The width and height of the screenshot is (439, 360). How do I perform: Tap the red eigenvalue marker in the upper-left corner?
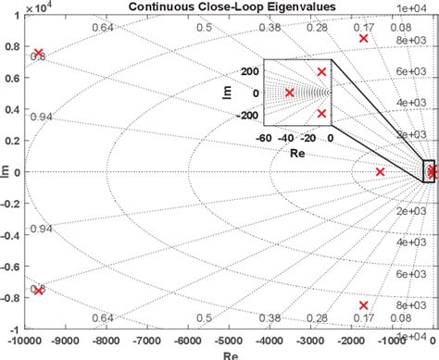(x=38, y=54)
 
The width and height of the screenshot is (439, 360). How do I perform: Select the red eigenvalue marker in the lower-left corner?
(x=38, y=290)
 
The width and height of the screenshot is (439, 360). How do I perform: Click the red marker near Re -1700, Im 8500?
(x=364, y=39)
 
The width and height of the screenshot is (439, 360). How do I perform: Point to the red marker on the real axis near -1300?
(x=381, y=172)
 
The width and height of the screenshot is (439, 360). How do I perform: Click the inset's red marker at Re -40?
(x=289, y=93)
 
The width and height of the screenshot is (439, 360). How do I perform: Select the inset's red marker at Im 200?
(x=322, y=72)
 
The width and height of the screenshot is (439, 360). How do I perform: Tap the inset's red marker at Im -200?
(x=322, y=114)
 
